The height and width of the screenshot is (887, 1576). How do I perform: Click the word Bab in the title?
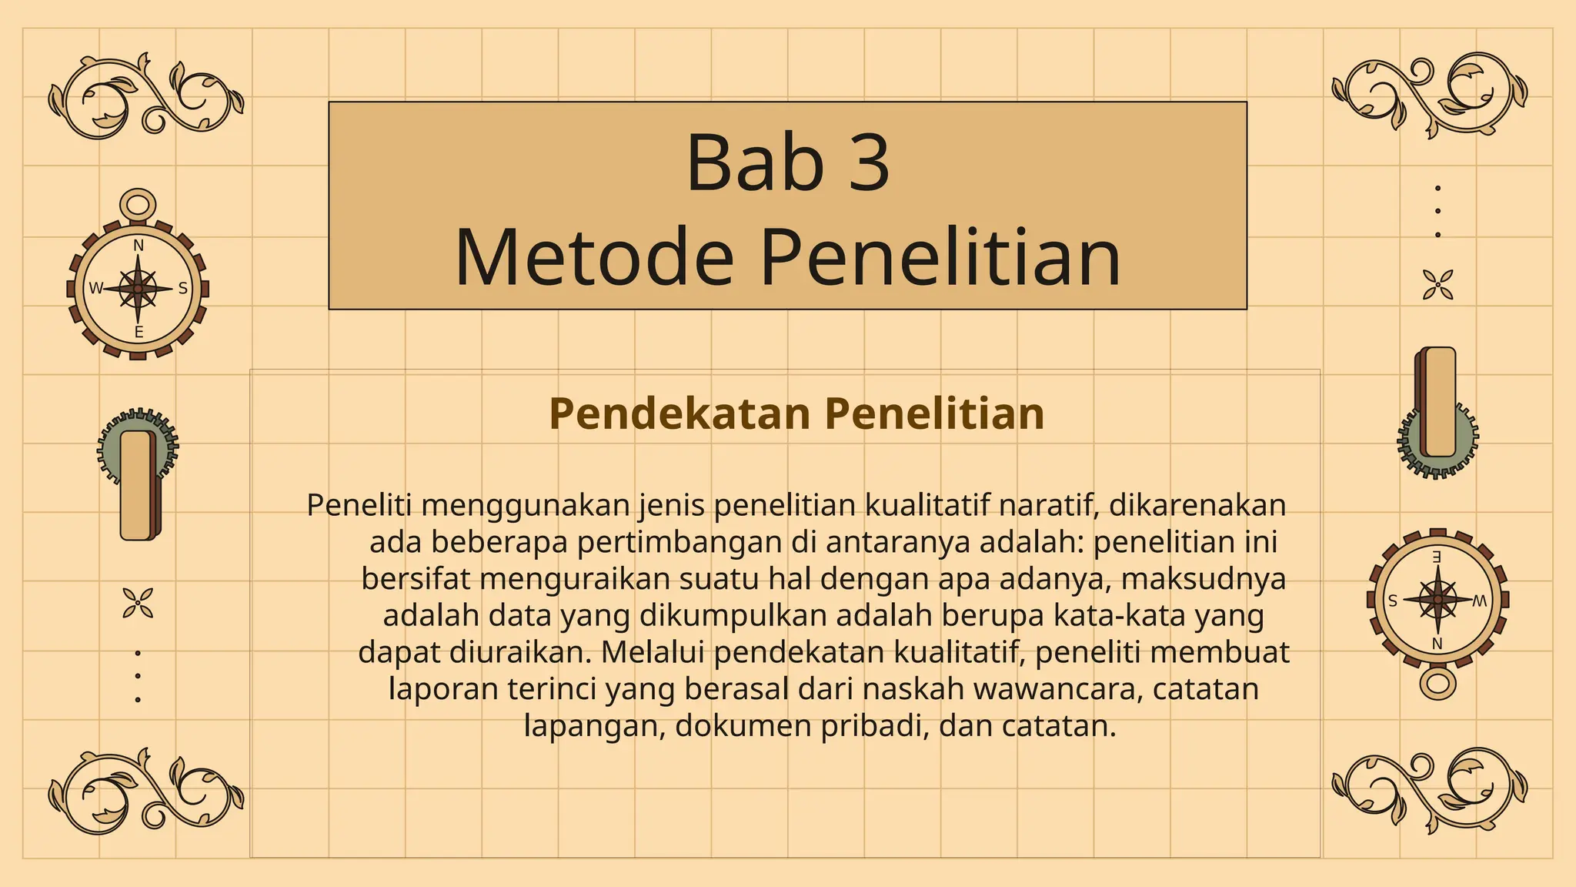754,163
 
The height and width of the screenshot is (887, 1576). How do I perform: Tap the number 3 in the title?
869,163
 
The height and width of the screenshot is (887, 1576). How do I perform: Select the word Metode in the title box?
594,257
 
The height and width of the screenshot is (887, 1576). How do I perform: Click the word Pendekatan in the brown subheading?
679,413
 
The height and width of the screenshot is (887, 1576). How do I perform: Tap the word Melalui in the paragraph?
652,652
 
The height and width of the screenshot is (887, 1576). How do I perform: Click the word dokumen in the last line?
742,725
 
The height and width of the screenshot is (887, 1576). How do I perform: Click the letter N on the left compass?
139,246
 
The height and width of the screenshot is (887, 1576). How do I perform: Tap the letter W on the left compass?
95,289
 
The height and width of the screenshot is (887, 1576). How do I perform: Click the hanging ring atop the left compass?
138,205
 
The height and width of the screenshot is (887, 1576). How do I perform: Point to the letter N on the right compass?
1437,644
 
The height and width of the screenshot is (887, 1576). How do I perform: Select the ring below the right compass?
1437,683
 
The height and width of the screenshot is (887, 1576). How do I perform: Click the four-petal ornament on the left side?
138,603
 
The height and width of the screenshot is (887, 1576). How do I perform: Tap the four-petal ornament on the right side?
1437,284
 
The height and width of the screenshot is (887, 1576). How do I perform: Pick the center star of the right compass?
1437,599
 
